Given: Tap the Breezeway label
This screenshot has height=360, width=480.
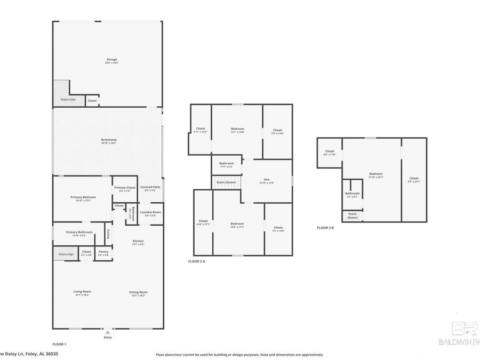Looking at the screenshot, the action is [109, 141].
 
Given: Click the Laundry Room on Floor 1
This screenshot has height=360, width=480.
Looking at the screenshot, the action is [150, 213].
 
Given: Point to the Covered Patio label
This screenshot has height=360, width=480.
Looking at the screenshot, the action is [150, 188].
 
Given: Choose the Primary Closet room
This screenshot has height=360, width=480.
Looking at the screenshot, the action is [124, 188].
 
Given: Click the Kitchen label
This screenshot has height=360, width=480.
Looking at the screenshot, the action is [138, 242].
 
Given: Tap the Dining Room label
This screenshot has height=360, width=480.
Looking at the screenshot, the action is [138, 293].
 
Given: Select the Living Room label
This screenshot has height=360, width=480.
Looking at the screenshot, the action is [82, 292].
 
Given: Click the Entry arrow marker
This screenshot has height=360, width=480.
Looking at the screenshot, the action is [108, 332].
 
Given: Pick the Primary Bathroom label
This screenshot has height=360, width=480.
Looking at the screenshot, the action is [79, 233].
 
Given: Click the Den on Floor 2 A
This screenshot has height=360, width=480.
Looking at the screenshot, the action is [267, 180].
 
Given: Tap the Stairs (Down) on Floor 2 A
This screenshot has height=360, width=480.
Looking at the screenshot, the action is [226, 182].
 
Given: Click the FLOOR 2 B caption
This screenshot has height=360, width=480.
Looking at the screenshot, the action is [325, 228].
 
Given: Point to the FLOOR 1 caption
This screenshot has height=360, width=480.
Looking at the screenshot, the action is [59, 344].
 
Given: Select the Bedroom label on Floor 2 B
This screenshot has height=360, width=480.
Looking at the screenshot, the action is [376, 174].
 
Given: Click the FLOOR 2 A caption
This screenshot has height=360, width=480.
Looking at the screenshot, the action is [197, 261].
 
